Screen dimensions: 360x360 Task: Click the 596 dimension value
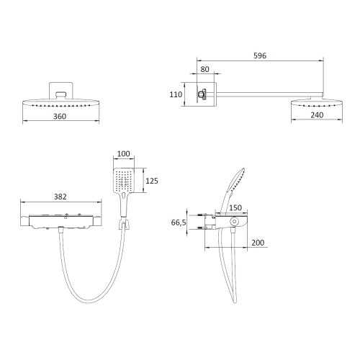pyautogui.click(x=260, y=55)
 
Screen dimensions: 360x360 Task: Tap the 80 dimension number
pyautogui.click(x=204, y=69)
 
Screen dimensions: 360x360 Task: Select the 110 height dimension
pyautogui.click(x=176, y=94)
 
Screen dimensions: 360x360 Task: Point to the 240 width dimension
pyautogui.click(x=317, y=115)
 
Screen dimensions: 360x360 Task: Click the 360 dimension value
pyautogui.click(x=60, y=117)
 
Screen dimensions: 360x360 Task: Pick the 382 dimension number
pyautogui.click(x=60, y=197)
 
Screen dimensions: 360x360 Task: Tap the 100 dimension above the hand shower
pyautogui.click(x=124, y=153)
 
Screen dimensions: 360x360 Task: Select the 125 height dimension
pyautogui.click(x=152, y=181)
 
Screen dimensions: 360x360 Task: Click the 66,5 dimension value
pyautogui.click(x=179, y=222)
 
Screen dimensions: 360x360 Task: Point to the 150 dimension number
pyautogui.click(x=235, y=207)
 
